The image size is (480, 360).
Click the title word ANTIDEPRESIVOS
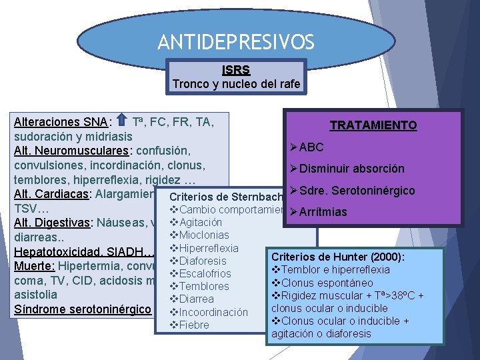[x=235, y=43]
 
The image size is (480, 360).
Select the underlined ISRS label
[x=237, y=69]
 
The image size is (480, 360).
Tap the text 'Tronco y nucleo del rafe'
[x=237, y=84]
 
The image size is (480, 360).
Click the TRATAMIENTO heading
[x=373, y=125]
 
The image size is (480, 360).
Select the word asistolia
[x=35, y=294]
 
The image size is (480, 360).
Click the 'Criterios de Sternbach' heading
[x=227, y=197]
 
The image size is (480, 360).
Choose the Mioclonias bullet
[x=203, y=235]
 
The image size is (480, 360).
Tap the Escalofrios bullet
[x=205, y=273]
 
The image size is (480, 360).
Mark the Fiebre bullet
[x=193, y=325]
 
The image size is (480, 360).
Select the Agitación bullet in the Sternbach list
[x=201, y=222]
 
